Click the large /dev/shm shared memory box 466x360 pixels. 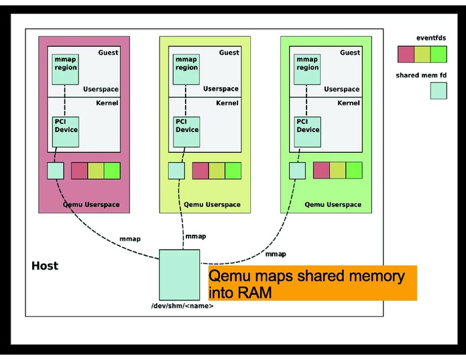pos(179,275)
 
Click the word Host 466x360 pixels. pos(45,266)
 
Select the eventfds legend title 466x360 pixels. pos(430,38)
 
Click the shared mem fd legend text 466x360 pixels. pos(422,75)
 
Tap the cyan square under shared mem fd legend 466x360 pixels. pos(439,91)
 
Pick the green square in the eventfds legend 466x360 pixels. pos(439,54)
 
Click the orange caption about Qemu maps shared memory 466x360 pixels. pos(312,283)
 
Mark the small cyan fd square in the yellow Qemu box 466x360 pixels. pos(176,171)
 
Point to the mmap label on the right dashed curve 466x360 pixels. pos(276,254)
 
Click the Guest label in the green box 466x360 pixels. pos(349,52)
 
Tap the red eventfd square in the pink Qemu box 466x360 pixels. pos(80,171)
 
